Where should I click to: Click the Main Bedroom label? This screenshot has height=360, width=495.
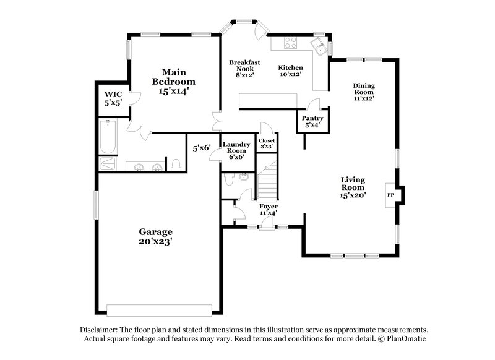pos(174,82)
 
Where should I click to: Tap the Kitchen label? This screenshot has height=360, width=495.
pos(290,71)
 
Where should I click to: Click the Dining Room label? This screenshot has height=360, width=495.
pos(364,92)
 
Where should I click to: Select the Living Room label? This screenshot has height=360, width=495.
pos(353,187)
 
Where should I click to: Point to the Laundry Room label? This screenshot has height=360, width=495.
pos(236,150)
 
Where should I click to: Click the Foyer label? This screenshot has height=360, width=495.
pos(268,209)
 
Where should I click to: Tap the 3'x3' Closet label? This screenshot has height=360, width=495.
pos(267,144)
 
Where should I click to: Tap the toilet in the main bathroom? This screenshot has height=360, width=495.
pos(176,164)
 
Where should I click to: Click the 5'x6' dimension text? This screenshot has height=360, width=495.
pos(202,148)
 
